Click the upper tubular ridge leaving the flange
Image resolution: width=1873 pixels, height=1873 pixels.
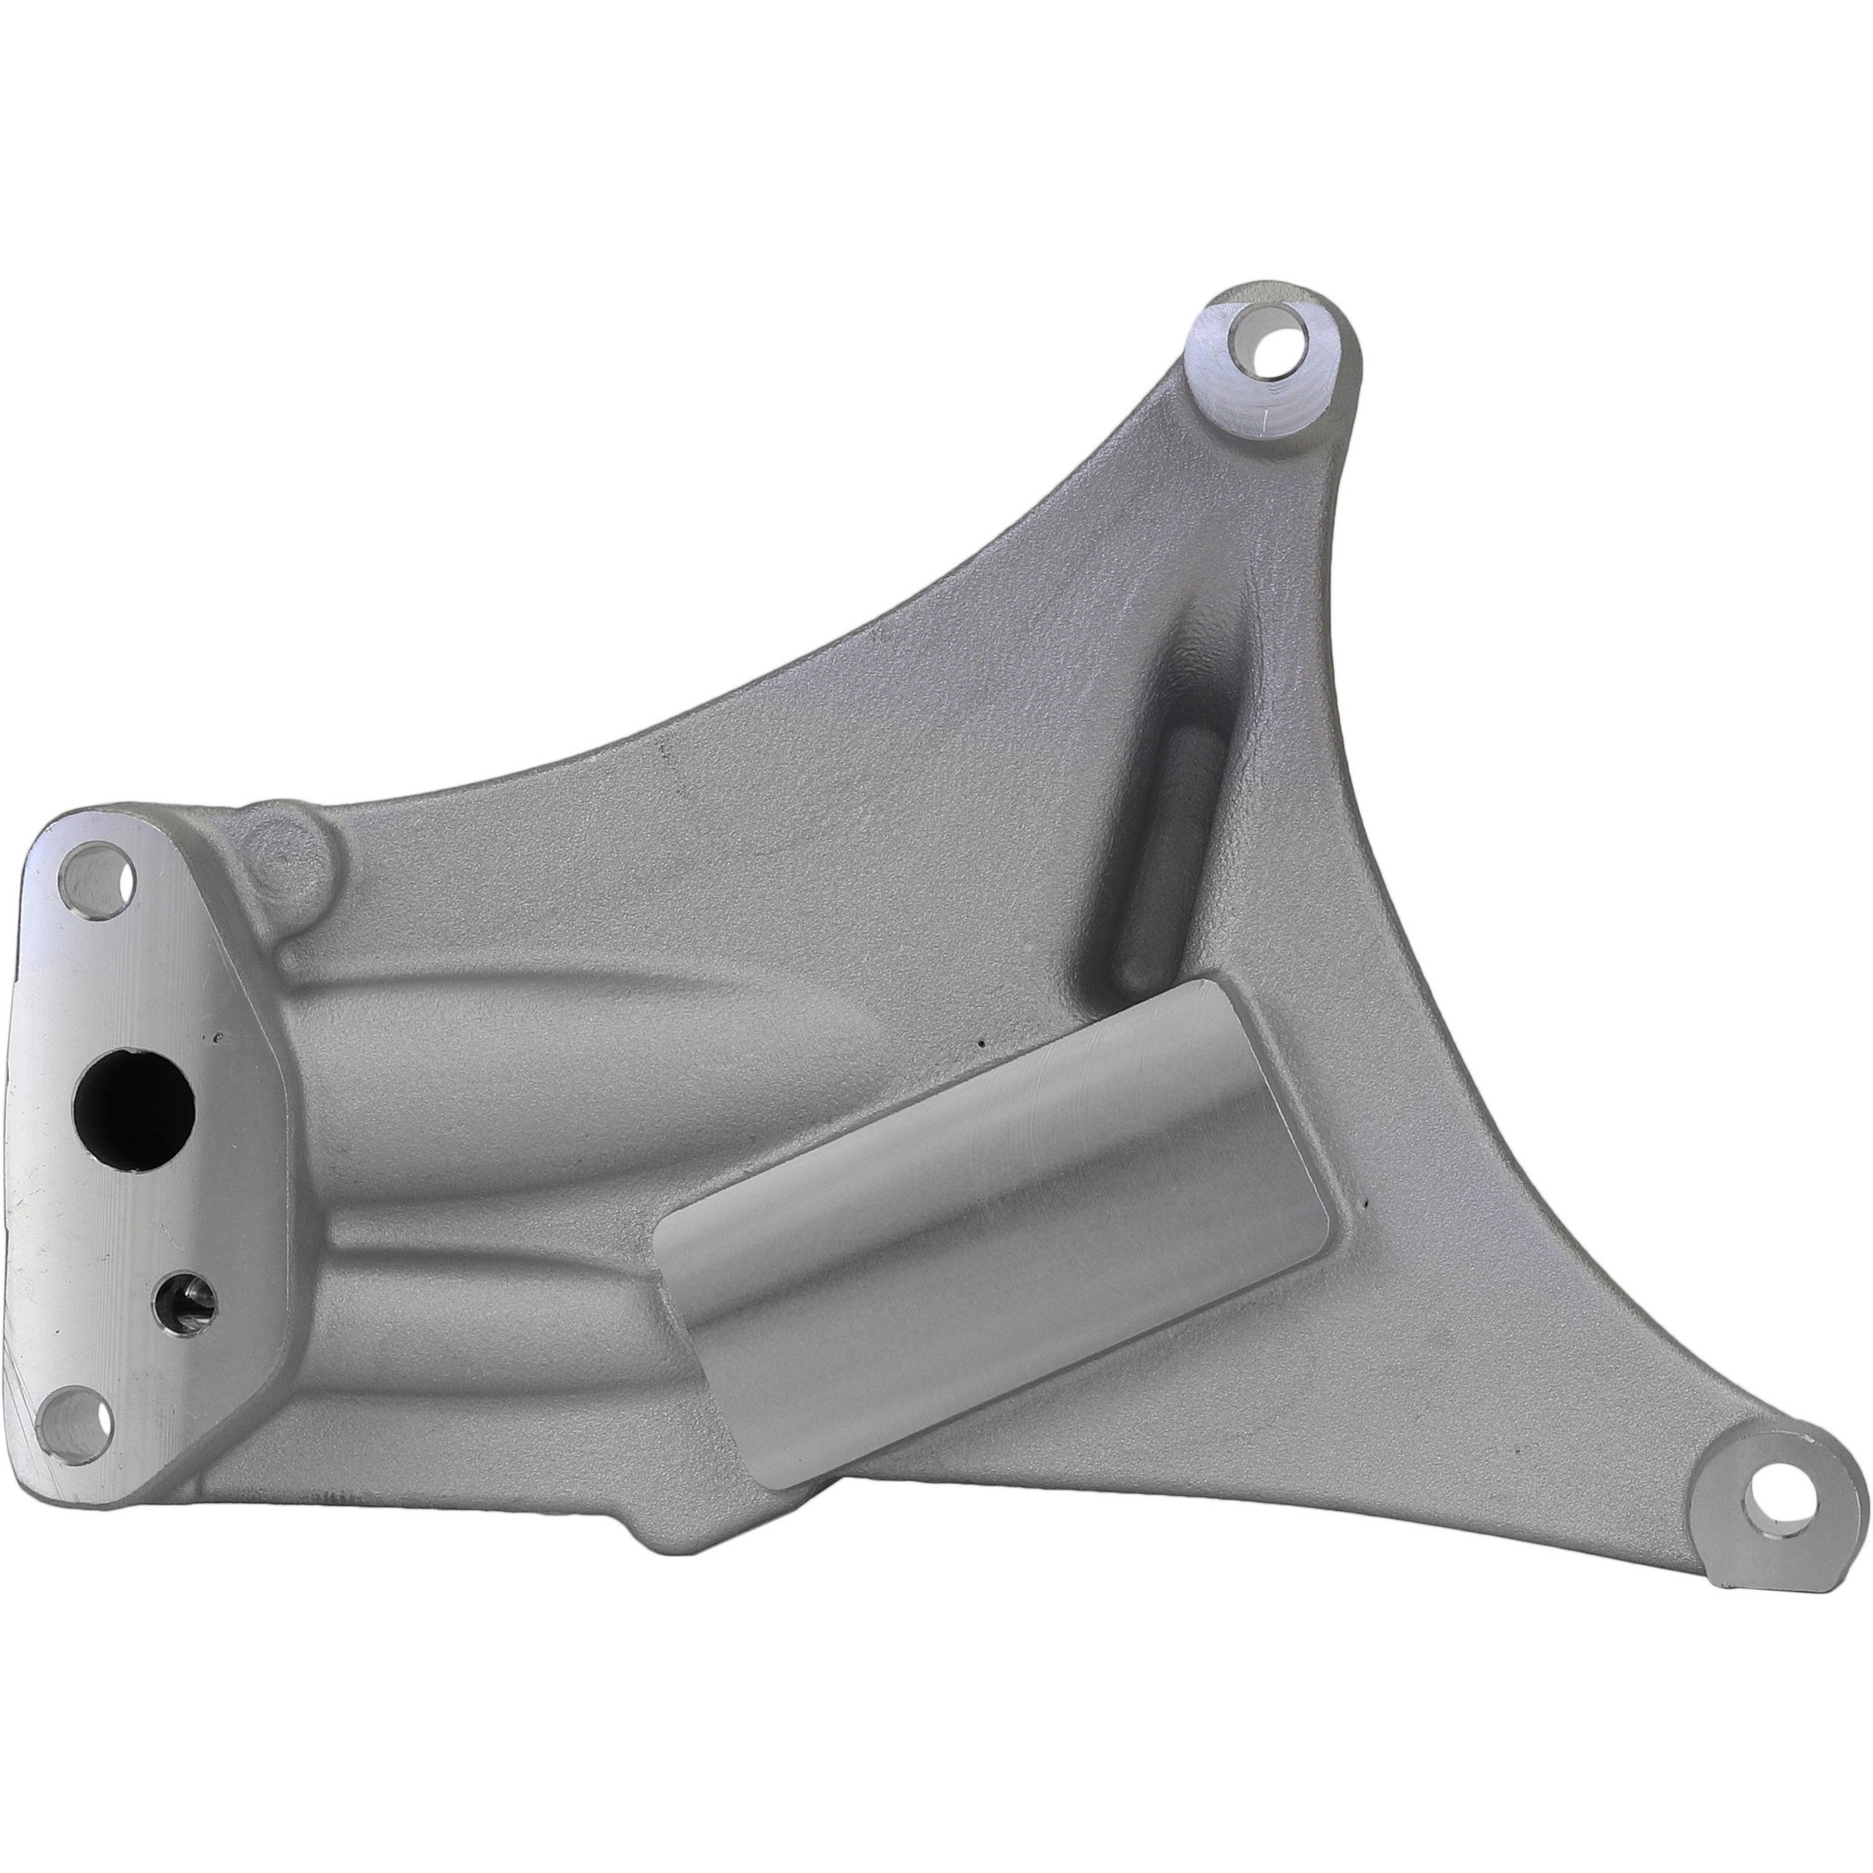[x=543, y=1047]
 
